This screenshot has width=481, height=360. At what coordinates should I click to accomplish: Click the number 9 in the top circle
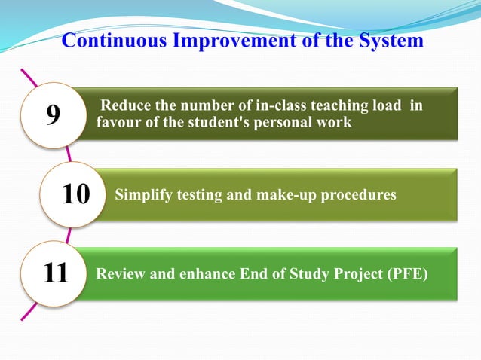pyautogui.click(x=53, y=115)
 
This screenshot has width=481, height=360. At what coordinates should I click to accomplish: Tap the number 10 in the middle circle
pyautogui.click(x=75, y=194)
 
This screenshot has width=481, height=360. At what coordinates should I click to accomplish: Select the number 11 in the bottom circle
pyautogui.click(x=56, y=273)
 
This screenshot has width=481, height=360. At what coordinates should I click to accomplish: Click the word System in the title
pyautogui.click(x=387, y=41)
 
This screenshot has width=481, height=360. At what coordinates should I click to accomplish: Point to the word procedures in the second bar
pyautogui.click(x=357, y=195)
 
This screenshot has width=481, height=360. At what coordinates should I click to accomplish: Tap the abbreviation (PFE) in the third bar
pyautogui.click(x=406, y=273)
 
